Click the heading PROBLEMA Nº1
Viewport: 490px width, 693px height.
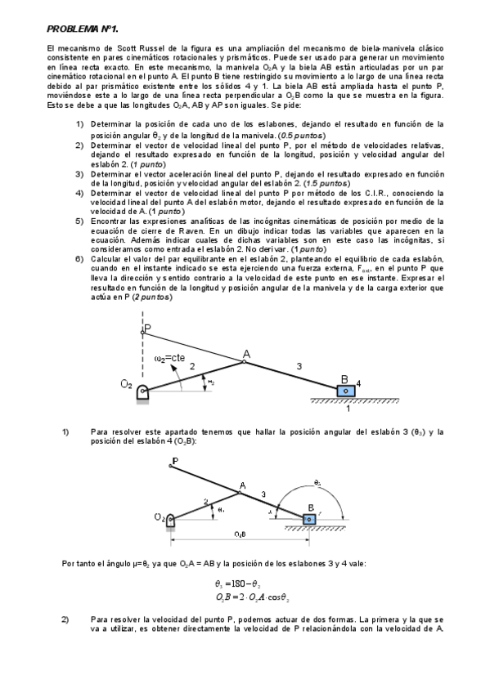[x=81, y=29]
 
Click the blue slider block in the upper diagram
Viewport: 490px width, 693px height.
[x=345, y=391]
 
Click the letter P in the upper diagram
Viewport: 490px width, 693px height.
[x=147, y=329]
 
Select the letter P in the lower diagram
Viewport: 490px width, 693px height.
[x=174, y=461]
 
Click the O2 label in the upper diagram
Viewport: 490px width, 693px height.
[x=127, y=384]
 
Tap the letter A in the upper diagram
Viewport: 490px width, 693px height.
[x=245, y=354]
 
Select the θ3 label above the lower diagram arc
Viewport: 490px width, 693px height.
[x=317, y=482]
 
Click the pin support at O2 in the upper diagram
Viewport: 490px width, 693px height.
[x=144, y=392]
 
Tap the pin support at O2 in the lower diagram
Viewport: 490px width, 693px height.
[x=170, y=520]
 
